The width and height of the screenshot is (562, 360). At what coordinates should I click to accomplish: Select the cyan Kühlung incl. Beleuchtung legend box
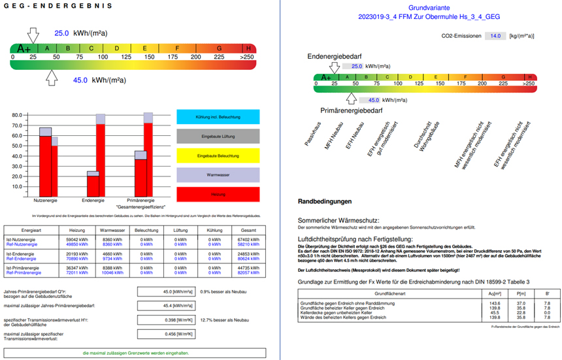(x=218, y=117)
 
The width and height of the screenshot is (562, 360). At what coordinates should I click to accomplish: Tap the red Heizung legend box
(x=218, y=194)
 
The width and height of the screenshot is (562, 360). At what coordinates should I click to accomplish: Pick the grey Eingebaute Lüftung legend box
(x=218, y=137)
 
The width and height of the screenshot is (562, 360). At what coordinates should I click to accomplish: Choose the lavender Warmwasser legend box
(x=218, y=175)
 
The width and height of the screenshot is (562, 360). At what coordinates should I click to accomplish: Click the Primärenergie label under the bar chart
(x=140, y=200)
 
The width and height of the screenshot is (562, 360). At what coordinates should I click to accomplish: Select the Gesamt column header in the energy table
(x=248, y=230)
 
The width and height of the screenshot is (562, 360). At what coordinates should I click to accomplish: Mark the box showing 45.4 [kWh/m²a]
(x=162, y=287)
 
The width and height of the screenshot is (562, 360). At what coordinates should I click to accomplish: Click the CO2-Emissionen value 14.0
(x=495, y=37)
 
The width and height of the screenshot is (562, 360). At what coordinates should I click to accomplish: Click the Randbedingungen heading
(x=325, y=201)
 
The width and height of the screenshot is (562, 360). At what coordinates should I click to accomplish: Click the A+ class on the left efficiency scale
(x=24, y=48)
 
